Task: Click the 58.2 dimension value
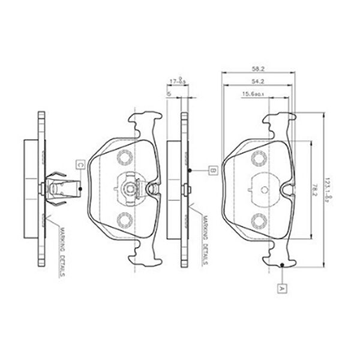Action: click(x=257, y=68)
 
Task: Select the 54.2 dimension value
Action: click(x=257, y=80)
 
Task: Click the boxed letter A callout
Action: click(x=282, y=287)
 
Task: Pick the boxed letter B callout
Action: click(x=212, y=171)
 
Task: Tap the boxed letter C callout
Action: click(x=79, y=163)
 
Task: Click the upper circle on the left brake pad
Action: click(x=125, y=158)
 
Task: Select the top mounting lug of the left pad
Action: click(x=144, y=123)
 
